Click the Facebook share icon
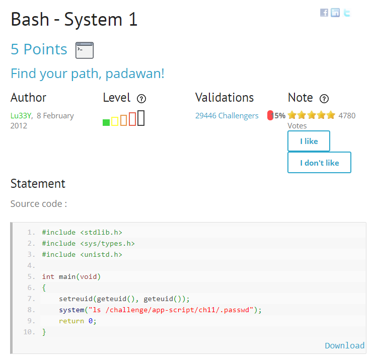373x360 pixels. point(324,13)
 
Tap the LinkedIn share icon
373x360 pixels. point(335,13)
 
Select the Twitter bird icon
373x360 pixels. point(347,13)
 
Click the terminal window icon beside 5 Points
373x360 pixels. point(85,50)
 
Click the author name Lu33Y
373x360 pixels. point(21,116)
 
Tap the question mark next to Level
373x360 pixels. point(141,99)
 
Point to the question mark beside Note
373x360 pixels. point(324,99)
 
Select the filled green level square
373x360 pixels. point(106,122)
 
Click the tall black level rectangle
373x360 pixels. point(141,118)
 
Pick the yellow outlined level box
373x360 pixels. point(115,121)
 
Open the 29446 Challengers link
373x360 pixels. point(227,116)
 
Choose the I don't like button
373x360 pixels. point(319,163)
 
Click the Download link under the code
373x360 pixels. point(345,345)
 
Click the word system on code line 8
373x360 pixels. point(71,310)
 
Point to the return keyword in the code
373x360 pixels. point(71,321)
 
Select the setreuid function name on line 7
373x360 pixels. point(76,299)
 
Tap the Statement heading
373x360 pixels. point(38,184)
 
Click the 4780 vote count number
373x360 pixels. point(347,116)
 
